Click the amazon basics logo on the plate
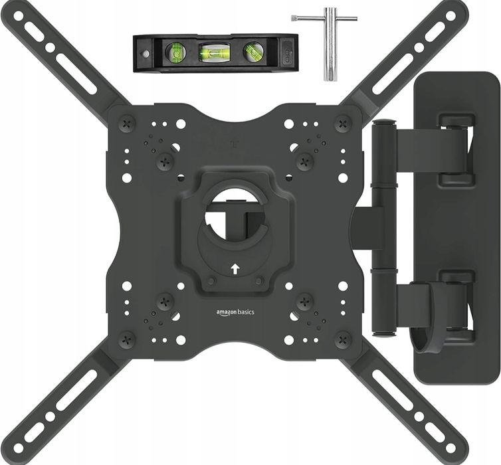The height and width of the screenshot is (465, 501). tap(235, 312)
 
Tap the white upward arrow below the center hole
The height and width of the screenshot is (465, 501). tap(235, 269)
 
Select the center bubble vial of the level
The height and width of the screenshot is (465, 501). tap(211, 52)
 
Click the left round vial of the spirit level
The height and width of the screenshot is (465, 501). tap(175, 52)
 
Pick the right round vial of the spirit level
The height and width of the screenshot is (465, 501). tap(253, 51)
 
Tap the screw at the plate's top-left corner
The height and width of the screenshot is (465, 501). tap(127, 123)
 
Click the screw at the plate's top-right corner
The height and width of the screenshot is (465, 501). tap(343, 123)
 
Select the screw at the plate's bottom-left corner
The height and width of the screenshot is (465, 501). tap(127, 340)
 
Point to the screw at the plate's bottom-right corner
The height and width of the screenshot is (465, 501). tap(343, 340)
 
